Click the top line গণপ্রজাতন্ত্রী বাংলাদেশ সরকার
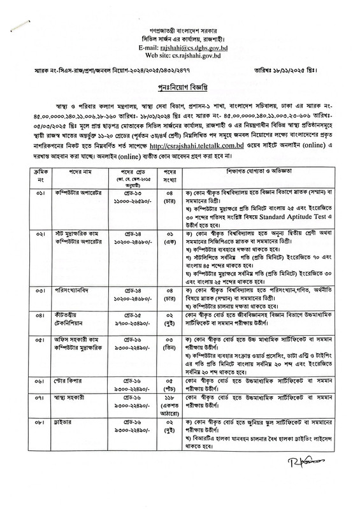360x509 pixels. tap(180, 29)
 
